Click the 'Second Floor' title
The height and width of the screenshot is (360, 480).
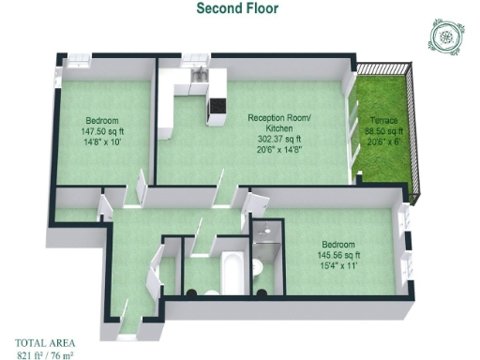tap(237, 8)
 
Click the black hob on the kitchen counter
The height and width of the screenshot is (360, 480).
tap(217, 103)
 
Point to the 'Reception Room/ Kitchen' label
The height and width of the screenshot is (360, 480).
tap(279, 124)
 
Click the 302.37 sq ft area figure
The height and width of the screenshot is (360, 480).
tap(279, 139)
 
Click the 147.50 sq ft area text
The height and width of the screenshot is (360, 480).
tap(102, 132)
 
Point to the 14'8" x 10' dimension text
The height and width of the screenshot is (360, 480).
tap(102, 142)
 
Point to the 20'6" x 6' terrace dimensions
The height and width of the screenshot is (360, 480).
tap(383, 142)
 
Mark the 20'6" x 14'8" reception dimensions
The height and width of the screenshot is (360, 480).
tap(279, 149)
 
